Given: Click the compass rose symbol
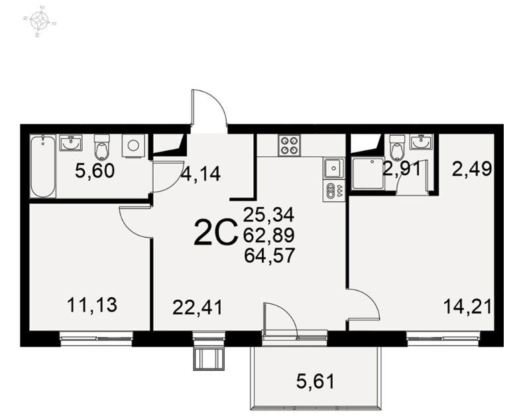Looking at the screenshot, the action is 40,21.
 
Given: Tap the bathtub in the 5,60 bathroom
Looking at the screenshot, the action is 43,167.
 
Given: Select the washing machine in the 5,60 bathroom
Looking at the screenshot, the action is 133,146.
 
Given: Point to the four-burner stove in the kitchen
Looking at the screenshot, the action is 289,145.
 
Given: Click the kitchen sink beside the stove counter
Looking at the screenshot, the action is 333,168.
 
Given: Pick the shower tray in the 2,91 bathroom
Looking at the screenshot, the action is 369,173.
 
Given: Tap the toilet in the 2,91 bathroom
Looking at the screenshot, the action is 397,148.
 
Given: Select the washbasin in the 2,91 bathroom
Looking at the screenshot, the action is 422,142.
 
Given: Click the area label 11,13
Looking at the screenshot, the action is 92,305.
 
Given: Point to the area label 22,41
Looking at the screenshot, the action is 198,308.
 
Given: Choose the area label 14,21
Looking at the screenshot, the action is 467,307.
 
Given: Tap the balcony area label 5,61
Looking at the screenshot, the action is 315,381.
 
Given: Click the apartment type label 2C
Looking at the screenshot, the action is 215,232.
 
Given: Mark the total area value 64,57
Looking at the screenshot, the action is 270,255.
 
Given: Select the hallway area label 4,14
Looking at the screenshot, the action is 201,173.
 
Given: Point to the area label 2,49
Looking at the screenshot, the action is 472,169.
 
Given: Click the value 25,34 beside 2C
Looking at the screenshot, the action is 269,214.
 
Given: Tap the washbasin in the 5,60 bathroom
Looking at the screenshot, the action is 71,142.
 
